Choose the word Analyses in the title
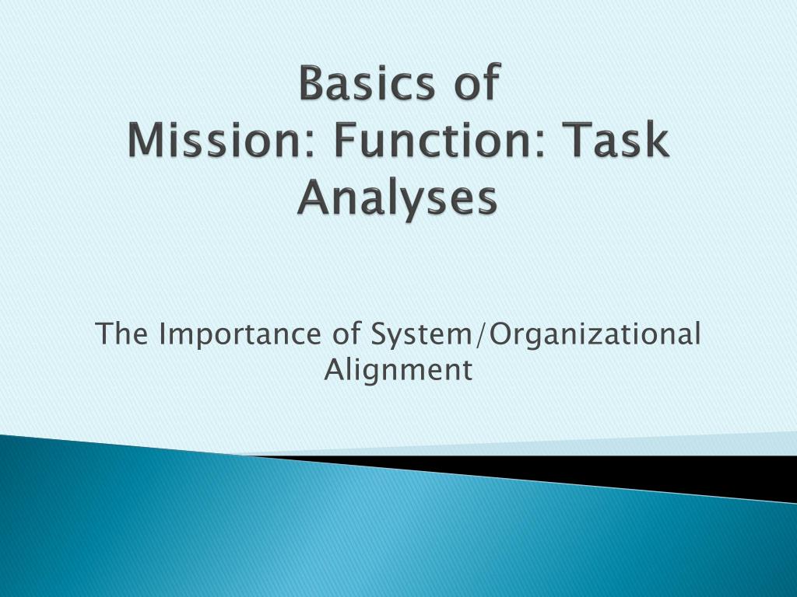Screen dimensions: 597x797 point(396,199)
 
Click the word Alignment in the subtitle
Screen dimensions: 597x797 point(398,370)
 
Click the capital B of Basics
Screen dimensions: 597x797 point(311,84)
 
